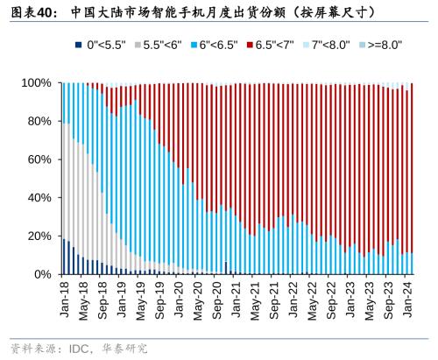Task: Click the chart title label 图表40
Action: point(25,12)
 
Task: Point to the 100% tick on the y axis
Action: point(38,83)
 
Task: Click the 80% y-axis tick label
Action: point(40,122)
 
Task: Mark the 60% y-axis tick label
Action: point(40,159)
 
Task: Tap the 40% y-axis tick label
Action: point(40,198)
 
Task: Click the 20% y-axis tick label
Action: point(40,236)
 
